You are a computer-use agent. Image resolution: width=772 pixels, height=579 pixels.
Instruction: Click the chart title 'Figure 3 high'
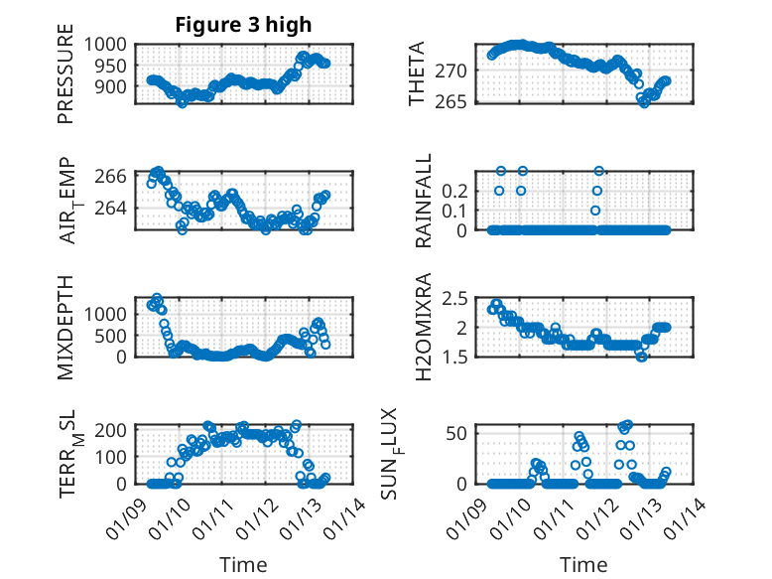click(x=243, y=24)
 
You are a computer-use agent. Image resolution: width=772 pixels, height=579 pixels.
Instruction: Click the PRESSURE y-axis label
click(x=66, y=80)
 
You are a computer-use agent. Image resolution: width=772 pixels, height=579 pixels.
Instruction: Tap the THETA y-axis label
click(x=417, y=72)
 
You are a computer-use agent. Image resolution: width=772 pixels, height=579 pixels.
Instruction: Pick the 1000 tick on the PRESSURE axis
click(x=105, y=45)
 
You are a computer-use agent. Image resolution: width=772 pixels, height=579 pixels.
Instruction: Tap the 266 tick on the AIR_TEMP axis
click(x=114, y=176)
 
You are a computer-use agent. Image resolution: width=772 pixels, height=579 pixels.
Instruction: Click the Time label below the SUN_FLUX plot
click(x=583, y=565)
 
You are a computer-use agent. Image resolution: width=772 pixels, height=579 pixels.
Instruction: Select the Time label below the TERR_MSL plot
click(x=243, y=565)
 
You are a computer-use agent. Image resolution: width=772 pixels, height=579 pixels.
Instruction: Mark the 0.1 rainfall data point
click(x=595, y=210)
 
